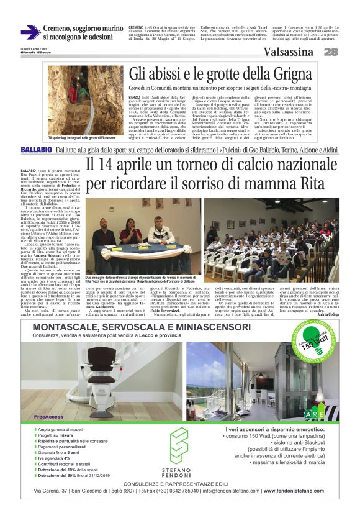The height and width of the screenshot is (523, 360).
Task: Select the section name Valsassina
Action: pos(292,52)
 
